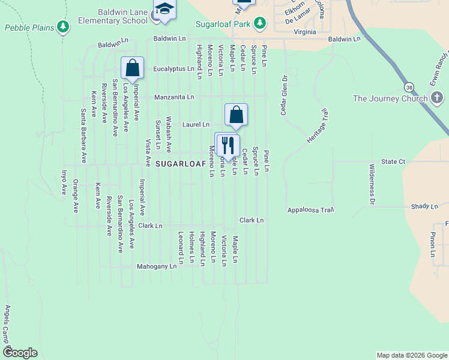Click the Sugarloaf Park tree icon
click(259, 23)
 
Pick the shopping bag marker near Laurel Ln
click(237, 115)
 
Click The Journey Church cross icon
click(436, 98)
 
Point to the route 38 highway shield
click(409, 87)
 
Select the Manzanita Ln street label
click(174, 97)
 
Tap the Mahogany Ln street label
click(157, 265)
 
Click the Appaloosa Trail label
click(310, 211)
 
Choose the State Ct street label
click(394, 161)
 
